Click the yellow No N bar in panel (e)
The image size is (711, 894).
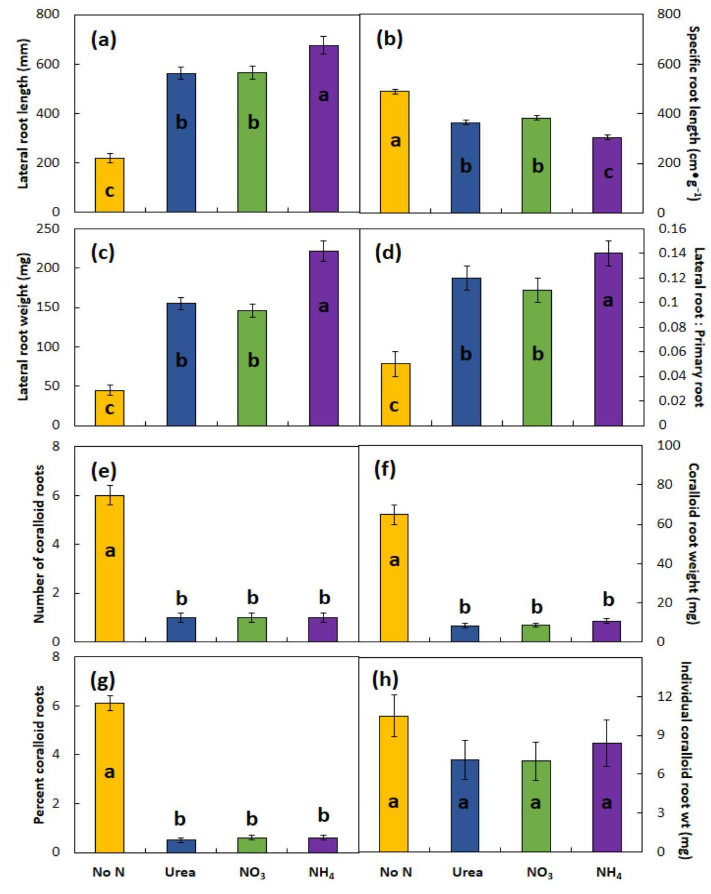click(x=110, y=568)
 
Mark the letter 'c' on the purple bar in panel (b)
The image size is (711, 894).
click(x=608, y=172)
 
